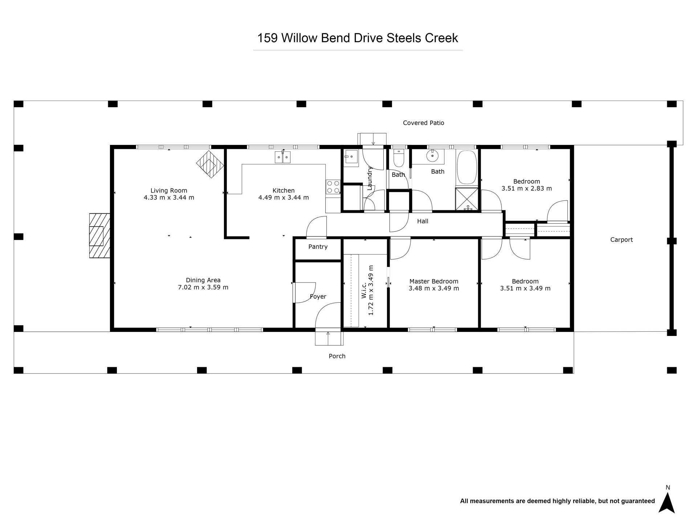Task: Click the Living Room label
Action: (169, 190)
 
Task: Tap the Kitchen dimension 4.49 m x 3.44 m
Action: (284, 198)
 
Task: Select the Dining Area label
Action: (203, 280)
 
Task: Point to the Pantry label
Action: (318, 247)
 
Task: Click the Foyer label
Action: (318, 296)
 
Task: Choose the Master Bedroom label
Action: (434, 281)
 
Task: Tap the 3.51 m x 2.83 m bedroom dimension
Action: (527, 188)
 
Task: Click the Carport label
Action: (621, 240)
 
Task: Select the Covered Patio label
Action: (424, 123)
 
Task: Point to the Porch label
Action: (337, 356)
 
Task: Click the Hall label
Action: (423, 221)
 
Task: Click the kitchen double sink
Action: (282, 157)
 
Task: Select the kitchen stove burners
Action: (333, 187)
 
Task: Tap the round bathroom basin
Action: (432, 156)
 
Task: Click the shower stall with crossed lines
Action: (467, 199)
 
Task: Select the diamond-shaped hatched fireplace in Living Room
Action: (210, 164)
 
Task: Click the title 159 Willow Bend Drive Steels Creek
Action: (358, 38)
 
